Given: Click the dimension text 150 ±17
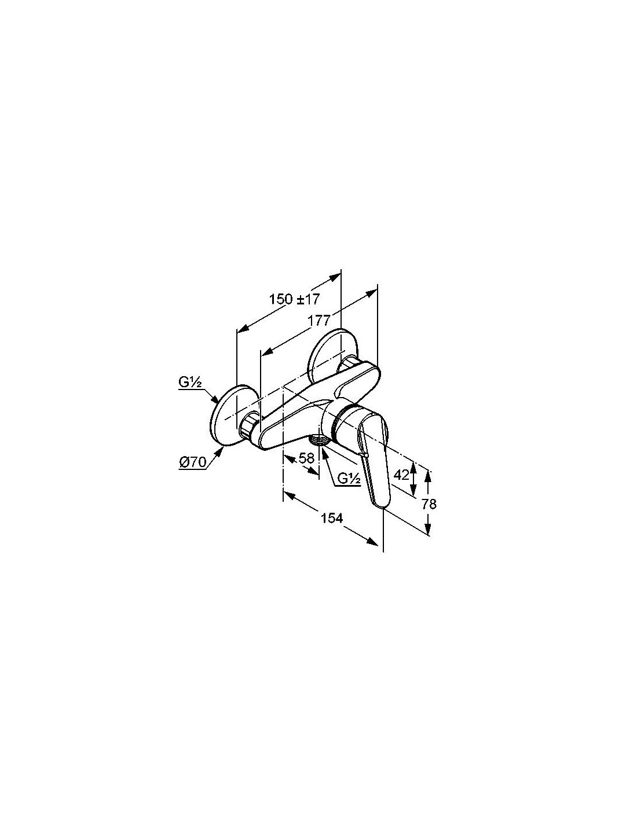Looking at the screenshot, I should [x=294, y=300].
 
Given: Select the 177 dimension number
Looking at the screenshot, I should [x=319, y=320].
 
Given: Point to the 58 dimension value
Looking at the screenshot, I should [x=306, y=458].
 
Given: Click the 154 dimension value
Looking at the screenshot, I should [x=332, y=518].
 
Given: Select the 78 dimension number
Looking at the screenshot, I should [x=429, y=504].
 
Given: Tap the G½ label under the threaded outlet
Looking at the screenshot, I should [x=349, y=479].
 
